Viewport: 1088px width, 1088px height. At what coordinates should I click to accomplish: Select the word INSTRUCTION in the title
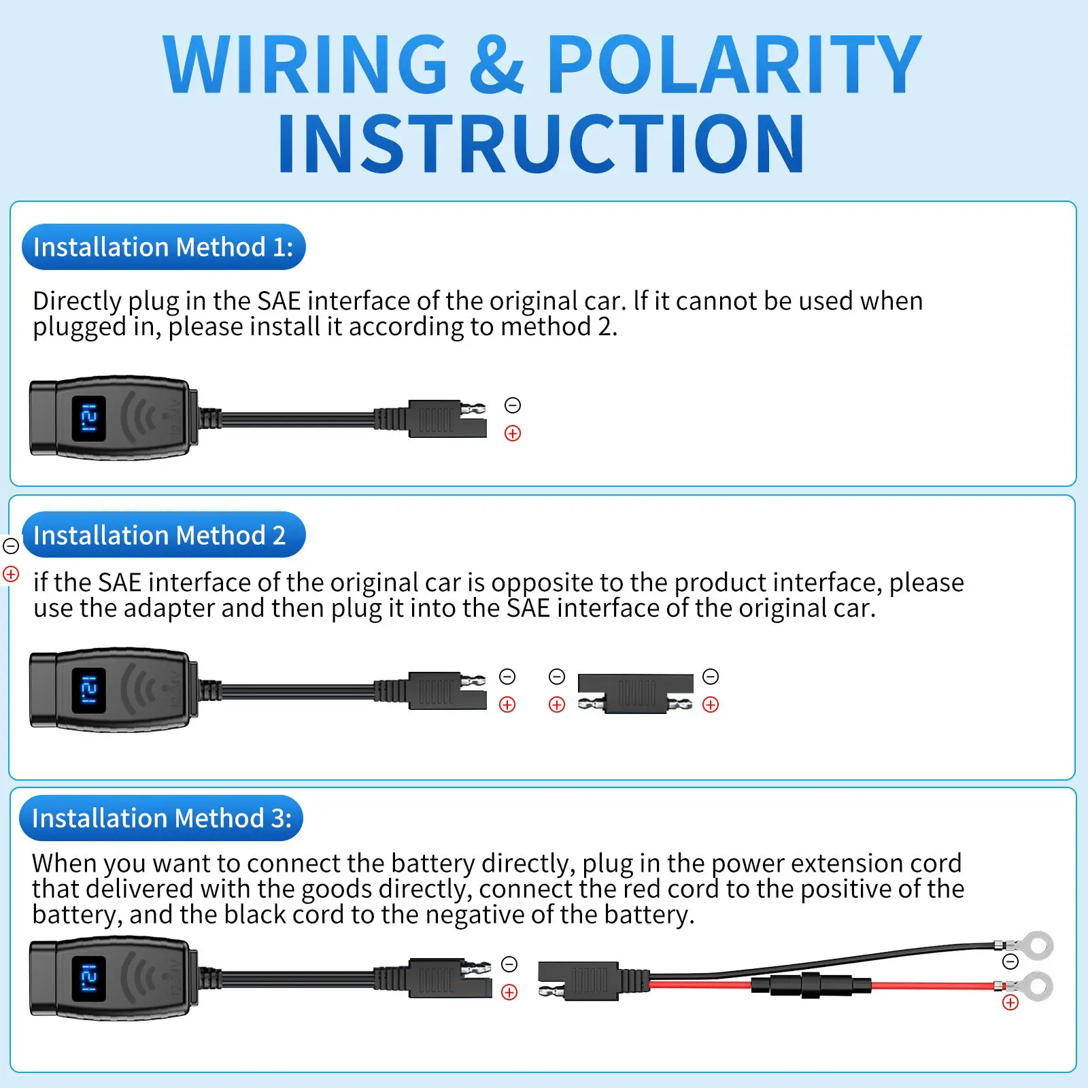(x=541, y=143)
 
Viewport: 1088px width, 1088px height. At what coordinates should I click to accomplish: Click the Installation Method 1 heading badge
(x=163, y=247)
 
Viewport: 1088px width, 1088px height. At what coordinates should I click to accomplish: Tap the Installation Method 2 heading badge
(x=163, y=535)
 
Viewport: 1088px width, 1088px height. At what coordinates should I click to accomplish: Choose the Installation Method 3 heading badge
(x=161, y=818)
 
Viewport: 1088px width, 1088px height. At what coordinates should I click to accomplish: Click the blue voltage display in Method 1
(x=88, y=418)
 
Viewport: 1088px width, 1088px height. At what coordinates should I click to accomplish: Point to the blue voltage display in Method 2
(x=88, y=690)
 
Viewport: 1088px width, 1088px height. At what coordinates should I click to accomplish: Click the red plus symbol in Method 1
(x=513, y=433)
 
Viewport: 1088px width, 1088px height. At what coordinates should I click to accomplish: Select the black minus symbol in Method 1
(x=513, y=405)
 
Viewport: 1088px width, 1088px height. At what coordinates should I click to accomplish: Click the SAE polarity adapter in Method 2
(x=635, y=693)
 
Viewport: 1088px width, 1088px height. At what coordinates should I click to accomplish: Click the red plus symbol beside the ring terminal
(x=1010, y=1002)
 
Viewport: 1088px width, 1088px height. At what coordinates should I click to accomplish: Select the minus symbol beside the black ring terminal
(x=1010, y=962)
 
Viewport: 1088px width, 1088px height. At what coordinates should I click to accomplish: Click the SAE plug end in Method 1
(x=447, y=418)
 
